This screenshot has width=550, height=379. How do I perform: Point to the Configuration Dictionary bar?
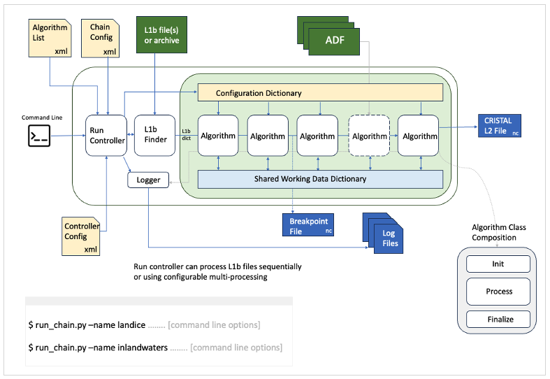(x=321, y=92)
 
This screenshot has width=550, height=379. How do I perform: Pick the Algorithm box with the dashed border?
(x=368, y=136)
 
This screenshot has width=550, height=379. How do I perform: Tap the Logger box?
(x=148, y=180)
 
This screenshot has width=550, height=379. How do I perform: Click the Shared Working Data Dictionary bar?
(x=321, y=179)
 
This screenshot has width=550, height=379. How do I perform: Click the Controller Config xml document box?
(x=82, y=236)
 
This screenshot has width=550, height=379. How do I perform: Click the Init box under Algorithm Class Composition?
(x=498, y=264)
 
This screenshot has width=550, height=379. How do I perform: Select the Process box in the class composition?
(x=498, y=291)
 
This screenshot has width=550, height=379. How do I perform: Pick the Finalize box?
(x=498, y=320)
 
